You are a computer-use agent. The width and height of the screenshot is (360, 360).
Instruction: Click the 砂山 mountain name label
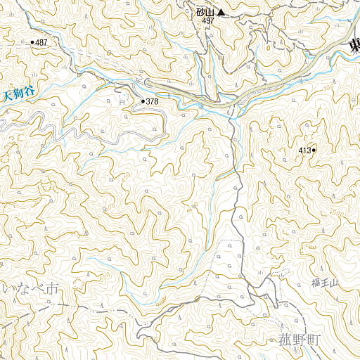pyautogui.click(x=205, y=12)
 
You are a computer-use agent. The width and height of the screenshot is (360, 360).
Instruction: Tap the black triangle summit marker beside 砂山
pyautogui.click(x=221, y=12)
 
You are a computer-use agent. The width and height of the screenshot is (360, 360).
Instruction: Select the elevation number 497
pyautogui.click(x=207, y=21)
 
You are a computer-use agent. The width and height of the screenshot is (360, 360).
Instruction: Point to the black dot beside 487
pyautogui.click(x=32, y=43)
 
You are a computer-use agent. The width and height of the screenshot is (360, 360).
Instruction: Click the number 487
pyautogui.click(x=42, y=43)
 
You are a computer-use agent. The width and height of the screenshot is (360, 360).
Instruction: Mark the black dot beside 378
pyautogui.click(x=143, y=102)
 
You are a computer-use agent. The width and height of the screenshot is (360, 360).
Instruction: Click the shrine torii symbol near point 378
pyautogui.click(x=124, y=102)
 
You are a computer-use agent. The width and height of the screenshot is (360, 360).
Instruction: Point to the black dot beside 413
pyautogui.click(x=314, y=150)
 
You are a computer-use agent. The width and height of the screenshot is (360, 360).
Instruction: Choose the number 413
pyautogui.click(x=304, y=150)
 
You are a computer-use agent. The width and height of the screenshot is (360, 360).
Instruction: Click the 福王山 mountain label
pyautogui.click(x=325, y=283)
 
